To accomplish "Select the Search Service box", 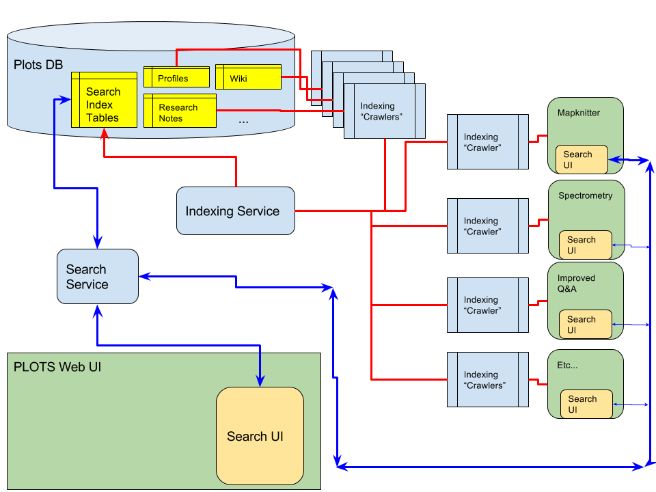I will [97, 277].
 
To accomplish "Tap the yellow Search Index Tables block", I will [104, 105].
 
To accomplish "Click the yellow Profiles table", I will [176, 78].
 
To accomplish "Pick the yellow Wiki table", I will [248, 78].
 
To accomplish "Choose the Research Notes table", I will [180, 113].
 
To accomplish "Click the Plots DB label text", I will [38, 66].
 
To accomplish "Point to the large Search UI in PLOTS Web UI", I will [260, 436].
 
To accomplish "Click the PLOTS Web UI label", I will [57, 367].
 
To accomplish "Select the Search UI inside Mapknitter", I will [581, 160].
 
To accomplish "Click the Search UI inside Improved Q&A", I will [585, 325].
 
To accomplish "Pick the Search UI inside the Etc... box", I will [586, 404].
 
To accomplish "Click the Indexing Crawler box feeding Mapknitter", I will [487, 142].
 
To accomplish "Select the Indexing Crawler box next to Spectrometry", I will [487, 226].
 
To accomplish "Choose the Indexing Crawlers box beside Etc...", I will [487, 380].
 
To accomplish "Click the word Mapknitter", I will [578, 113].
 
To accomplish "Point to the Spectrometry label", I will [585, 195].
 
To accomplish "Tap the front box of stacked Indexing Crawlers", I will [383, 111].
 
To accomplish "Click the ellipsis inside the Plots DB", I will [244, 120].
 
